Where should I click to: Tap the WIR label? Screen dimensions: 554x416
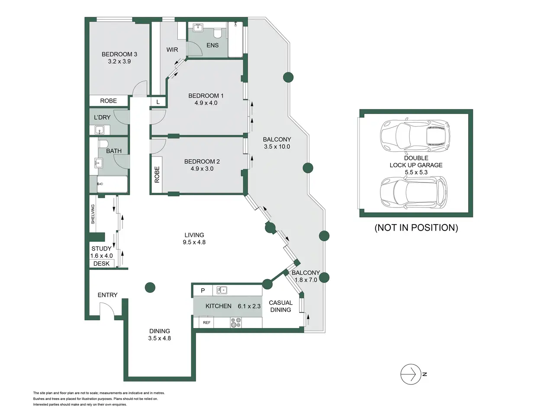tap(172, 50)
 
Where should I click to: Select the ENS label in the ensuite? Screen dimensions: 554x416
tap(213, 45)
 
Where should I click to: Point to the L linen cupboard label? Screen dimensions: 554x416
tap(158, 102)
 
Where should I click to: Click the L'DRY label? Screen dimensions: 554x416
tap(102, 117)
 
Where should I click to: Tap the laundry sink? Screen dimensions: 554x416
tap(100, 130)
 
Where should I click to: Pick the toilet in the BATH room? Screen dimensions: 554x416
tap(103, 144)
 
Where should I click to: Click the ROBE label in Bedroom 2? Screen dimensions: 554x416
tap(157, 175)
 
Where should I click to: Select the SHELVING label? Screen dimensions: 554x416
tap(93, 214)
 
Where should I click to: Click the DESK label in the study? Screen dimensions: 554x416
tap(101, 264)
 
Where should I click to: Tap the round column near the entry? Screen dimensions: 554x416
tap(150, 287)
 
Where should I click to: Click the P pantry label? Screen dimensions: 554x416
tap(203, 291)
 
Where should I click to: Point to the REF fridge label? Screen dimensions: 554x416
tap(207, 322)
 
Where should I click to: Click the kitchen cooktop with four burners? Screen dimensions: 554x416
tap(236, 322)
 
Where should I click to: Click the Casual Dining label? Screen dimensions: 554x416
tap(280, 306)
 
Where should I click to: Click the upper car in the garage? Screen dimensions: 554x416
tap(415, 136)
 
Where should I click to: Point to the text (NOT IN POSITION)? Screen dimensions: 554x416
tap(416, 227)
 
